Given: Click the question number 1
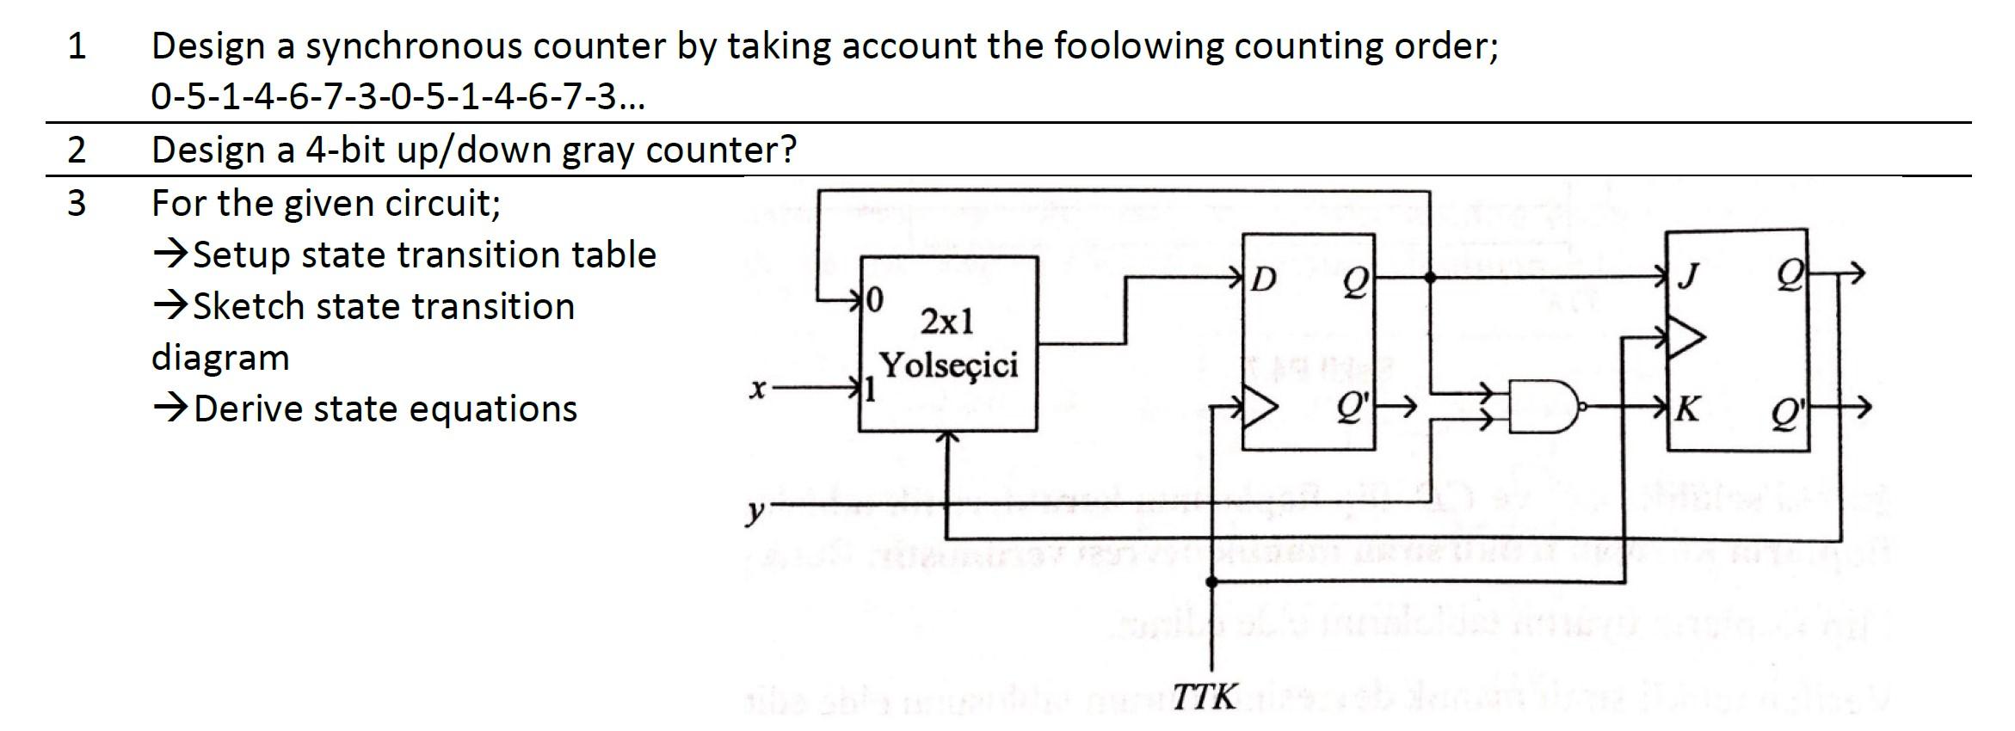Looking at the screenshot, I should pyautogui.click(x=77, y=46).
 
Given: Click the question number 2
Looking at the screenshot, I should pyautogui.click(x=77, y=150).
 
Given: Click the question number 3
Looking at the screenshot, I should pyautogui.click(x=77, y=204).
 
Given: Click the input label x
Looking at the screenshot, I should pyautogui.click(x=757, y=390).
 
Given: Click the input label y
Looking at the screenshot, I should pyautogui.click(x=755, y=511).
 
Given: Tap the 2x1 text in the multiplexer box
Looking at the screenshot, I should pyautogui.click(x=947, y=322).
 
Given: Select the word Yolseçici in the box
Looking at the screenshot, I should pyautogui.click(x=948, y=365).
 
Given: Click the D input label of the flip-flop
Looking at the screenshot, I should pyautogui.click(x=1263, y=279).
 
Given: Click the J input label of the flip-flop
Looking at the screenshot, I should pyautogui.click(x=1690, y=276).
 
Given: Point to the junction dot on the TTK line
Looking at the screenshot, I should pyautogui.click(x=1212, y=582).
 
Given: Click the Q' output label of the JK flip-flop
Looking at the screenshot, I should pyautogui.click(x=1785, y=415).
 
